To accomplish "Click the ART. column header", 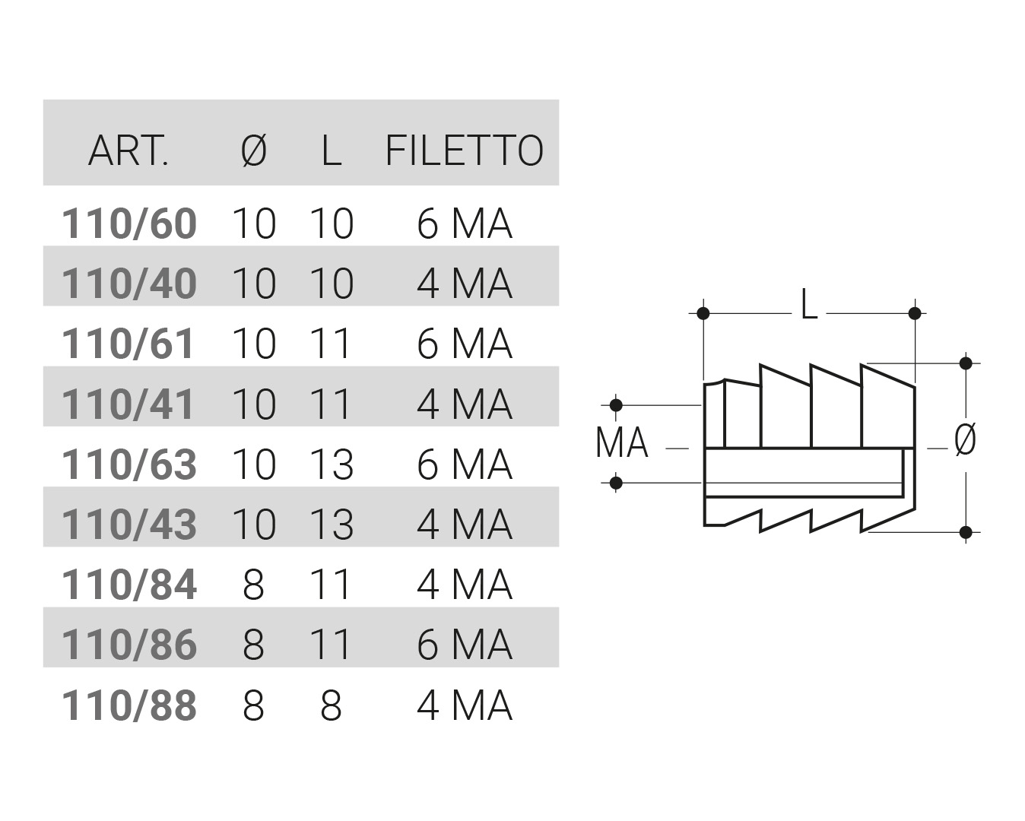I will [x=128, y=150].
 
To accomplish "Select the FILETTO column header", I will [x=465, y=150].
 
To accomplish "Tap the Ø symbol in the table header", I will [x=254, y=150].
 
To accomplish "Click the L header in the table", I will [x=331, y=150].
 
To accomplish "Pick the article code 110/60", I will [x=129, y=224].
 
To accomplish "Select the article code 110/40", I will [x=129, y=284].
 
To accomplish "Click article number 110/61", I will [x=129, y=344].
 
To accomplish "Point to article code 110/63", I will [x=129, y=464].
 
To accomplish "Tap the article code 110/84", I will [x=129, y=585].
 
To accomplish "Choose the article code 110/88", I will [x=129, y=706].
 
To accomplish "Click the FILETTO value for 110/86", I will [x=465, y=645].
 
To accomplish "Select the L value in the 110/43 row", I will [x=332, y=525].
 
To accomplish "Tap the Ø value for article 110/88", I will [x=253, y=706].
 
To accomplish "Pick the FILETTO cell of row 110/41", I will [x=465, y=404].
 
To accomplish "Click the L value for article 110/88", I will [x=331, y=706].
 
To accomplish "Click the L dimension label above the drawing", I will [x=809, y=307].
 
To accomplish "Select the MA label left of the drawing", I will [x=622, y=443].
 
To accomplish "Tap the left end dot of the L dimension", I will [x=703, y=313].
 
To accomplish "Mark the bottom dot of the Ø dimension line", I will [x=966, y=531].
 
